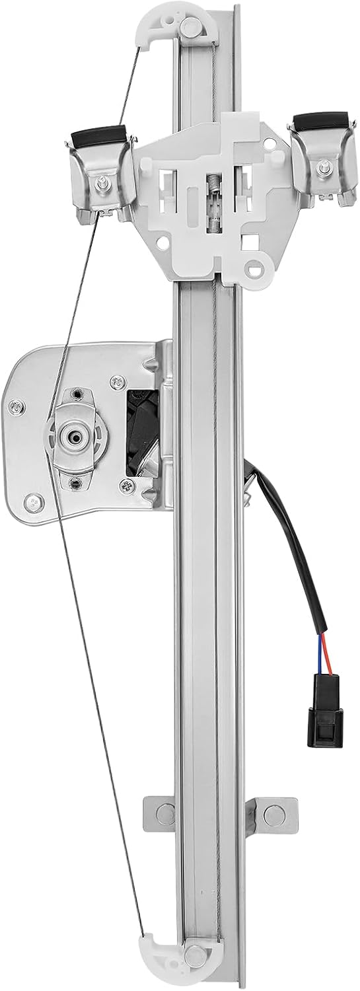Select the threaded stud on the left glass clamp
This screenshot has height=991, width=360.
[105, 180]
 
